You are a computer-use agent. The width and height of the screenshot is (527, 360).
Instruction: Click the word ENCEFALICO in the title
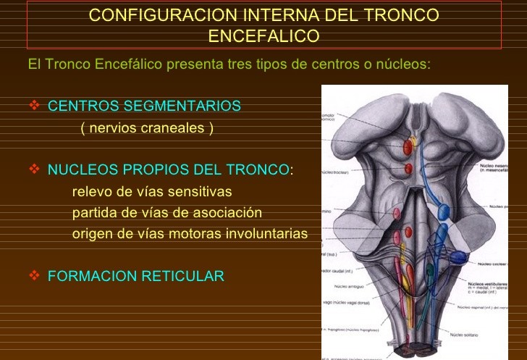click(263, 36)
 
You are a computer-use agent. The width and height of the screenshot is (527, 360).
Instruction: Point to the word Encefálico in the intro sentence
click(127, 64)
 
